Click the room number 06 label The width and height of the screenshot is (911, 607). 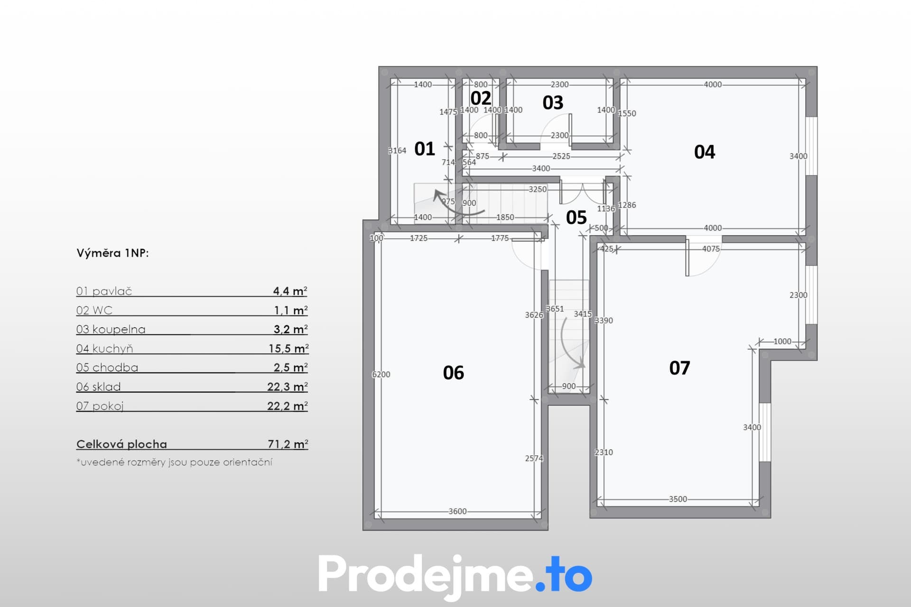click(x=453, y=373)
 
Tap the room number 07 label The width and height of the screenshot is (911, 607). click(x=679, y=368)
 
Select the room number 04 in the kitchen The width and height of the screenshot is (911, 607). click(x=704, y=152)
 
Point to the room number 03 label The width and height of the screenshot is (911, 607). click(x=553, y=102)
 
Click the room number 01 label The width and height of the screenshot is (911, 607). click(x=424, y=149)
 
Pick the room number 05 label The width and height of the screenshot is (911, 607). click(x=576, y=218)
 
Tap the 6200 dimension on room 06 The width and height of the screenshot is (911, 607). click(x=381, y=375)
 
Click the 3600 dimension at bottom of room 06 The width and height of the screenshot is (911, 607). click(x=457, y=511)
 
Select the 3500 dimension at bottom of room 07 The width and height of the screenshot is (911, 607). click(x=678, y=499)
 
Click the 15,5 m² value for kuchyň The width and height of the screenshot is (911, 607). click(x=288, y=349)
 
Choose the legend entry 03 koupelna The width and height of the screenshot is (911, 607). click(x=111, y=330)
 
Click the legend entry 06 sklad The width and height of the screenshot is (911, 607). click(x=98, y=387)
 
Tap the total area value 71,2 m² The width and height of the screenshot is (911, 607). click(x=288, y=444)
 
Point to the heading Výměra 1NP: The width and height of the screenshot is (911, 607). click(x=112, y=253)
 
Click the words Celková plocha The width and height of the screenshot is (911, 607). click(x=121, y=444)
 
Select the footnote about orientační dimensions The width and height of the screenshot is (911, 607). click(x=174, y=462)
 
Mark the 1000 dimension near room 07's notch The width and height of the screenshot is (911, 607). click(x=782, y=341)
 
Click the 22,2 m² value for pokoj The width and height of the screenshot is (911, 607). click(x=288, y=406)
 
